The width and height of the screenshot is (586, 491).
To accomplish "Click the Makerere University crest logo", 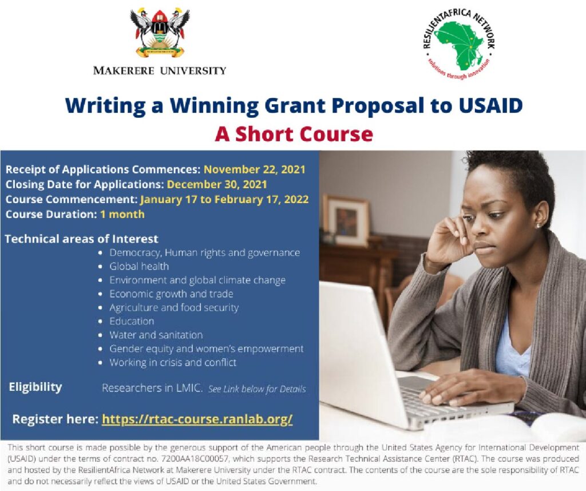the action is (160, 33).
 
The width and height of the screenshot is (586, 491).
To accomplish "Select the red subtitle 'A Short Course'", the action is (294, 134).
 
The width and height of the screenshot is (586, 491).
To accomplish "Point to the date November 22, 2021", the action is (255, 169).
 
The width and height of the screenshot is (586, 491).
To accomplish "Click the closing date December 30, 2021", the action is (217, 184).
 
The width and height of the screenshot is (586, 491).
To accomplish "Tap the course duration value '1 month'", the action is (122, 214).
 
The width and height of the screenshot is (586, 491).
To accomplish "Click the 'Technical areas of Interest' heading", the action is (81, 239).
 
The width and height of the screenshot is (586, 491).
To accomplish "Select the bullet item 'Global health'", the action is (139, 267).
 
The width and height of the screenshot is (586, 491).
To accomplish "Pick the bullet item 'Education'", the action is (132, 322).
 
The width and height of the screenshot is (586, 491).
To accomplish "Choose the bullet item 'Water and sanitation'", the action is (156, 335).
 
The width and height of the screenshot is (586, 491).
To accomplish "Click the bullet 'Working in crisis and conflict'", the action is (173, 362).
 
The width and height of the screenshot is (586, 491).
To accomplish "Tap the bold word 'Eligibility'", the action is (35, 387).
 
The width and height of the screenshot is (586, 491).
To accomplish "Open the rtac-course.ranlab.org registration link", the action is (197, 419).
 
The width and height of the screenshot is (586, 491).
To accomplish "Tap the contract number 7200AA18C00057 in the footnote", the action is (199, 458).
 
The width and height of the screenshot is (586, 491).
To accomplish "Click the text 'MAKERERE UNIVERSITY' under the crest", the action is (160, 70).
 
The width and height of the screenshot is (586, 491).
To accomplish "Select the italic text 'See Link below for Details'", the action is (257, 389).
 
